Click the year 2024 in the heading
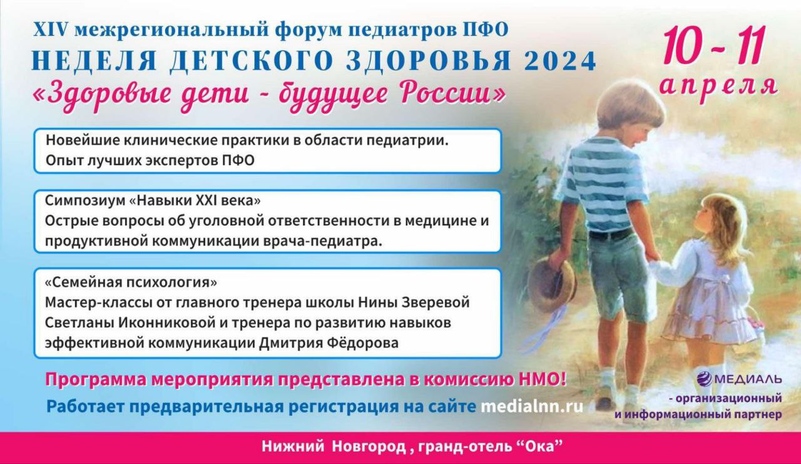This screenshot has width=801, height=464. (558, 61)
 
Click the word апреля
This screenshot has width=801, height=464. (719, 85)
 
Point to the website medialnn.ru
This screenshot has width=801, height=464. (532, 406)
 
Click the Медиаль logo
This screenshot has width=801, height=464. (739, 378)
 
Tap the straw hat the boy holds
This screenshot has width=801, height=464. (551, 285)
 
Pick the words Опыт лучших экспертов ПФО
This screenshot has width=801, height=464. (150, 160)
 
